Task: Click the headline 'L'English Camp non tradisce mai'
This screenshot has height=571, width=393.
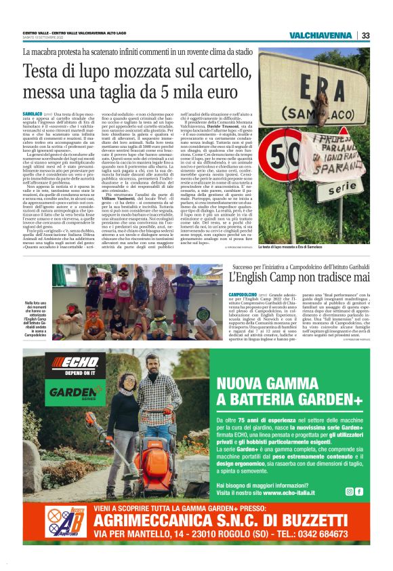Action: point(299,277)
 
